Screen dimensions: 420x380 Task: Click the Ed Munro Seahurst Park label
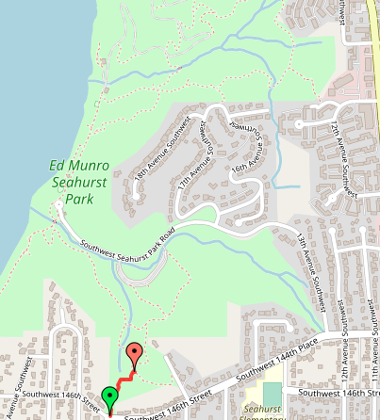tap(79, 183)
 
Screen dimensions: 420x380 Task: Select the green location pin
tap(110, 396)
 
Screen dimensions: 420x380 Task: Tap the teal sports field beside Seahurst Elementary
tap(272, 393)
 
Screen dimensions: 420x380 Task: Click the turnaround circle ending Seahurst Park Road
tap(59, 203)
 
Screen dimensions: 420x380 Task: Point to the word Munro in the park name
tap(91, 167)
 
